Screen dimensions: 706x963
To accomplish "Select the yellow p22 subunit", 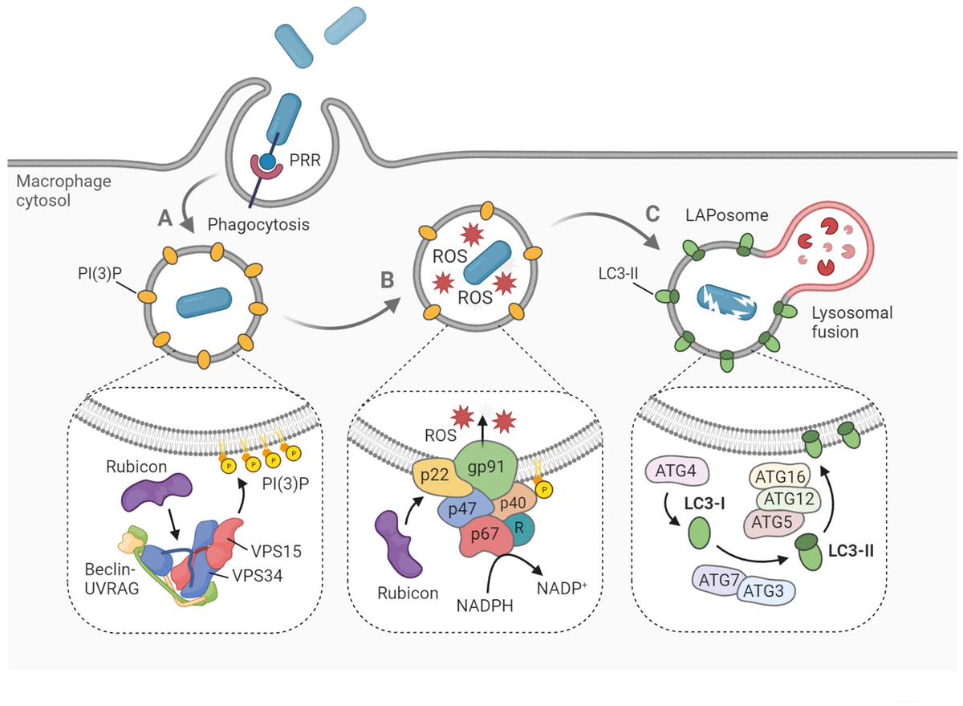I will pyautogui.click(x=434, y=479).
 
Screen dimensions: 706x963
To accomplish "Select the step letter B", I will pyautogui.click(x=388, y=280).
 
